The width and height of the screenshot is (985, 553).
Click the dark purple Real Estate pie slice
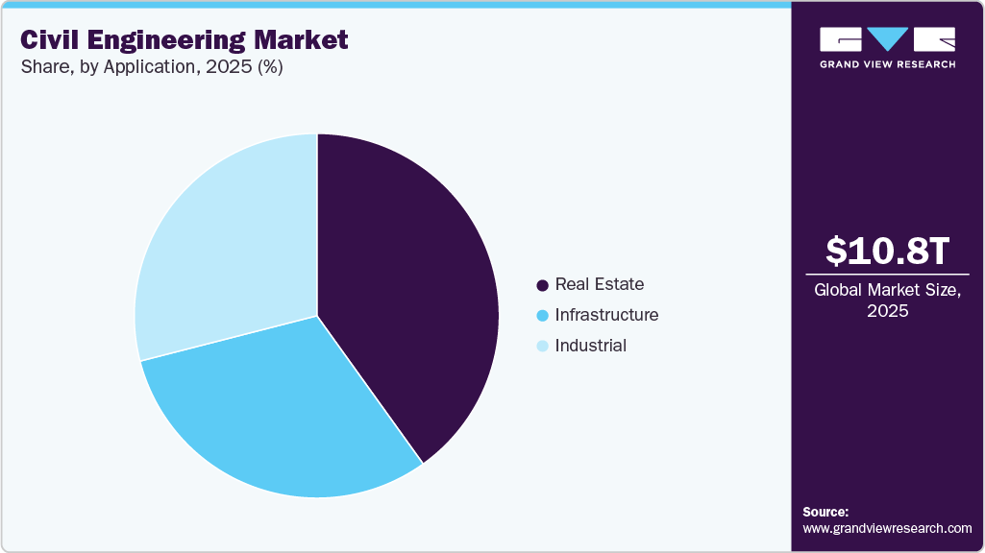click(413, 288)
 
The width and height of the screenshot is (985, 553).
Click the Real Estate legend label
click(600, 284)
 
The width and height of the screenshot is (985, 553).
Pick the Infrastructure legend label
click(606, 315)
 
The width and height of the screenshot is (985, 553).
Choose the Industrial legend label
click(591, 346)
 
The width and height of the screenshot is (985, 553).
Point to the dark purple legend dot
click(543, 285)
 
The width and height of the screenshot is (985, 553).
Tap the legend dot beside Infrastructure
click(543, 316)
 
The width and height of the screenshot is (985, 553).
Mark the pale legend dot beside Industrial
click(543, 347)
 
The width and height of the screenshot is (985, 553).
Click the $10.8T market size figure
click(887, 252)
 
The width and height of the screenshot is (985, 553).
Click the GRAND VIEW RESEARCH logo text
click(887, 64)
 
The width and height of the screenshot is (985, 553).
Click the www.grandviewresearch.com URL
click(887, 528)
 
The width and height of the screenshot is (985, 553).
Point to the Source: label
click(825, 512)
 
